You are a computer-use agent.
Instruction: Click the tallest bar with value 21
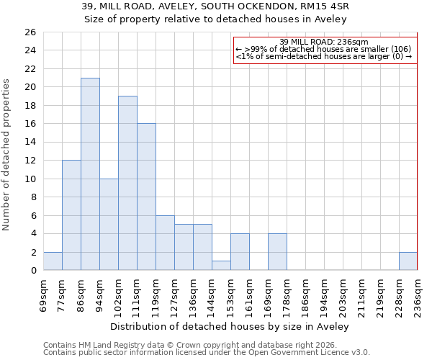tap(90, 174)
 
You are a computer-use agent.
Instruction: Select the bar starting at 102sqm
tap(127, 183)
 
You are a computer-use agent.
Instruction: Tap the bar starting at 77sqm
tap(71, 215)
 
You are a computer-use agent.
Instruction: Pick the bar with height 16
tap(146, 197)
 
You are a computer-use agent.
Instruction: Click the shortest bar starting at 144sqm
tap(221, 266)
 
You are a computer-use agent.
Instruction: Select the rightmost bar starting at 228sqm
tap(408, 261)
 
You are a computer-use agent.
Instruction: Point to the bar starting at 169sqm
tap(277, 252)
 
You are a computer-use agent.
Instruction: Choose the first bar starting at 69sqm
tap(53, 261)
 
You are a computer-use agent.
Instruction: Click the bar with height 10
tap(109, 225)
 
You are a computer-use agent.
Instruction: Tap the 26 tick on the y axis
tap(30, 32)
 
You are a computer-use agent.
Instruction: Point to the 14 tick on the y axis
tap(30, 143)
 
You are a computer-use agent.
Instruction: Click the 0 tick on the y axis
tap(33, 271)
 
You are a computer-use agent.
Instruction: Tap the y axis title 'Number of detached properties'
tap(7, 155)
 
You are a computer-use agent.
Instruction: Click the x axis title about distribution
tap(230, 326)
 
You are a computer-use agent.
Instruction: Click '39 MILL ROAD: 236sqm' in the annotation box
tap(323, 42)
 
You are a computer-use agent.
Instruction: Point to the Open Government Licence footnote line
tap(207, 353)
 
